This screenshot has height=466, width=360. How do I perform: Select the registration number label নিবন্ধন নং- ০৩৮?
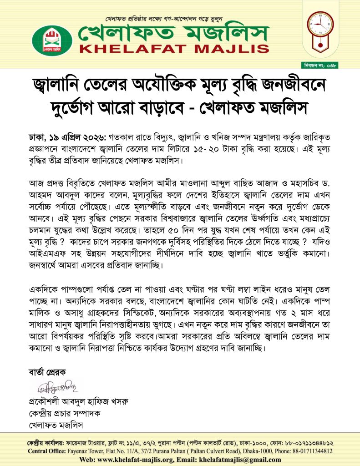pos(335,65)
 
